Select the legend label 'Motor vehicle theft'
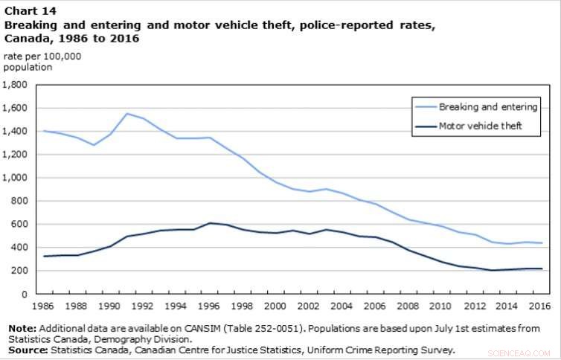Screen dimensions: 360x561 (479, 126)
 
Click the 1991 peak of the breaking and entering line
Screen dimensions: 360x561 (127, 114)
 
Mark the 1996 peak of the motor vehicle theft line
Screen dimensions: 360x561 (209, 223)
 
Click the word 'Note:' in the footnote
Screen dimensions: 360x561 (21, 328)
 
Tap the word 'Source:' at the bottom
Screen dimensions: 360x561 (26, 349)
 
